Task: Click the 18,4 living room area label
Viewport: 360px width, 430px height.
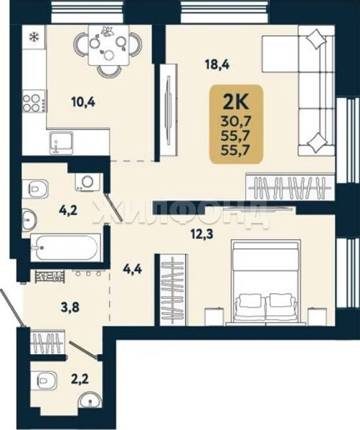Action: (x=217, y=65)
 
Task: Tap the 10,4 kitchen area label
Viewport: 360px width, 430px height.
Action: (x=83, y=102)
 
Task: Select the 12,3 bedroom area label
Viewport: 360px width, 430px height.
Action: (x=202, y=235)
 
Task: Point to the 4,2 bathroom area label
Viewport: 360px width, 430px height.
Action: (x=69, y=211)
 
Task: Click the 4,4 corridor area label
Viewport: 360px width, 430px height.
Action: (x=132, y=270)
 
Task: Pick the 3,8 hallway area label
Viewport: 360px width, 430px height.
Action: (x=70, y=307)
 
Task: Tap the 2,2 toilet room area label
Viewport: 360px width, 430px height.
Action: (x=79, y=381)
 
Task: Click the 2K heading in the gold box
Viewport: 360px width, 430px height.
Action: (x=236, y=102)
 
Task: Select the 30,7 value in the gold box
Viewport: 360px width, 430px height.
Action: (x=236, y=120)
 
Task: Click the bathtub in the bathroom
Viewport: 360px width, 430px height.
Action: (x=65, y=248)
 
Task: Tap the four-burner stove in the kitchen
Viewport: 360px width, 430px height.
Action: (x=34, y=102)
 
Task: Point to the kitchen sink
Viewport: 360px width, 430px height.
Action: (x=62, y=143)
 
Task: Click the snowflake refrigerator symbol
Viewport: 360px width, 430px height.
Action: (x=34, y=37)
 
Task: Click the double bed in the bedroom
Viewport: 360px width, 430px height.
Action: (x=266, y=282)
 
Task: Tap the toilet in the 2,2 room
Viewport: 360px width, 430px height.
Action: (x=47, y=381)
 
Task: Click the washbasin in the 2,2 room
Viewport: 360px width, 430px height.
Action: (x=90, y=401)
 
